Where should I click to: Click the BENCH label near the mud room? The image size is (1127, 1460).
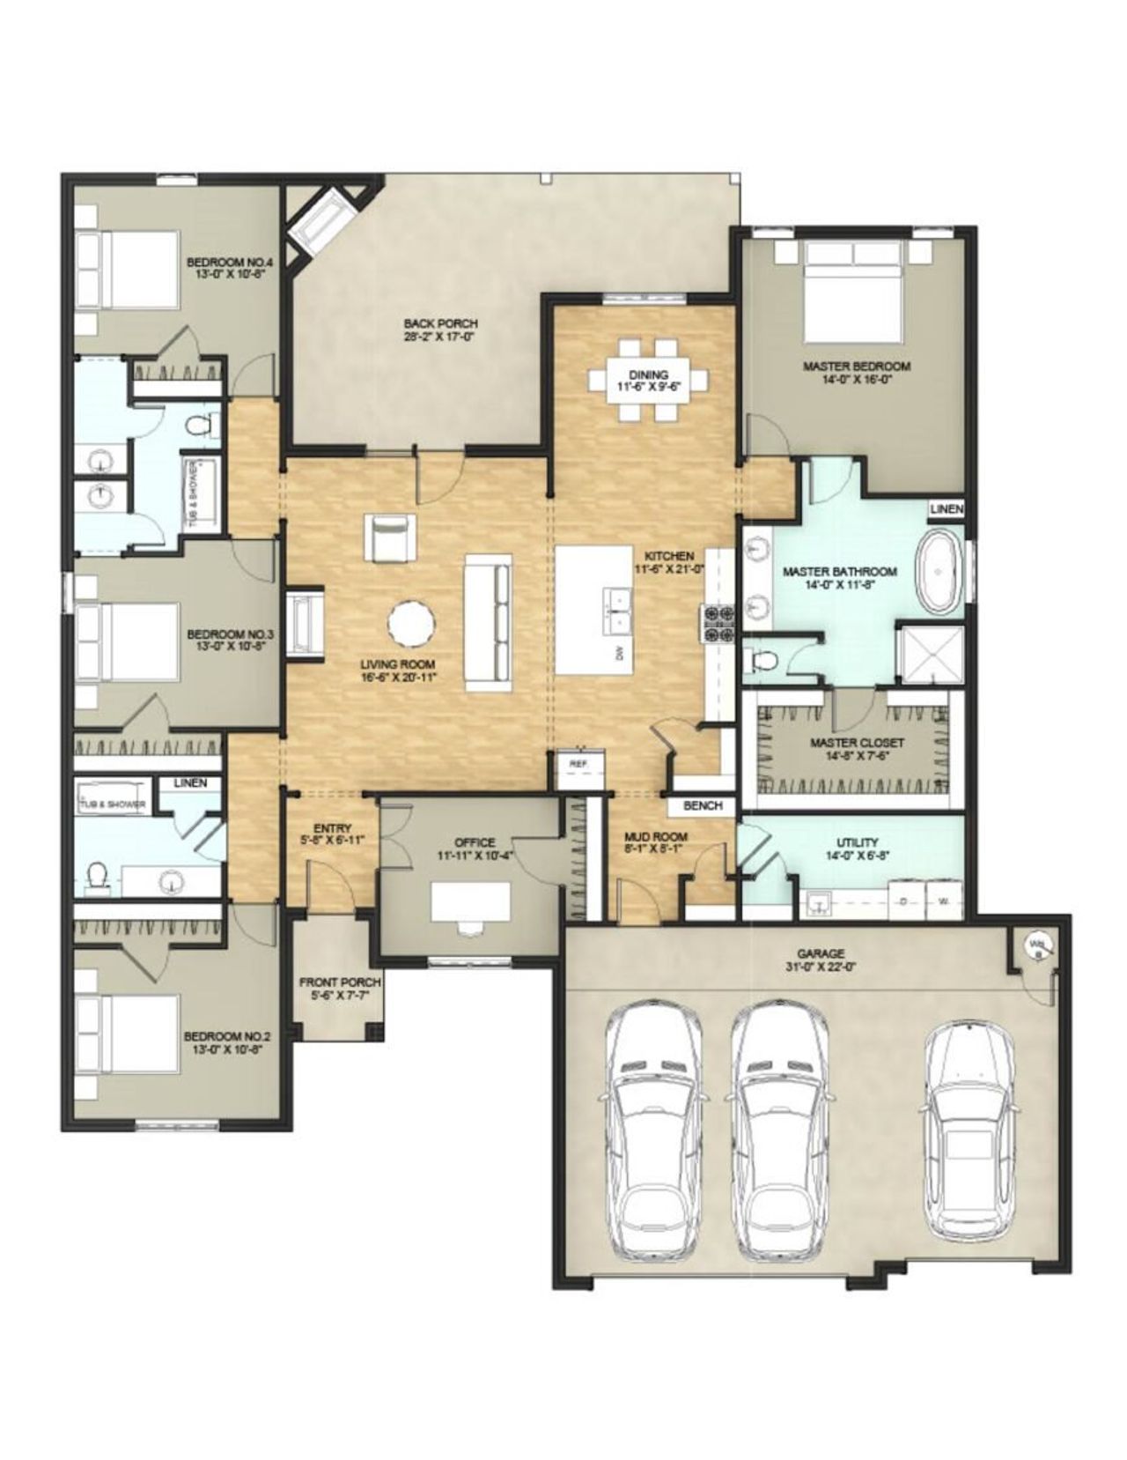702,805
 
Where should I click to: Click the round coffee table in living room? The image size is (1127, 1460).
411,623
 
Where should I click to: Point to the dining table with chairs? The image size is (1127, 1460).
649,381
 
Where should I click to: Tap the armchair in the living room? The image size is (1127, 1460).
389,537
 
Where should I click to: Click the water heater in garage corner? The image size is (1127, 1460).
1035,945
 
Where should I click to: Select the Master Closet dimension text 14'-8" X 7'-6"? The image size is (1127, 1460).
857,756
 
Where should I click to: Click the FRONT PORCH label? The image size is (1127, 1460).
340,982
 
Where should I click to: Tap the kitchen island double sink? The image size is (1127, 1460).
615,610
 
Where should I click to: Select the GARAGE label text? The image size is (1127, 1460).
821,953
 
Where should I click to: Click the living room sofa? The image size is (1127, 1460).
489,622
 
